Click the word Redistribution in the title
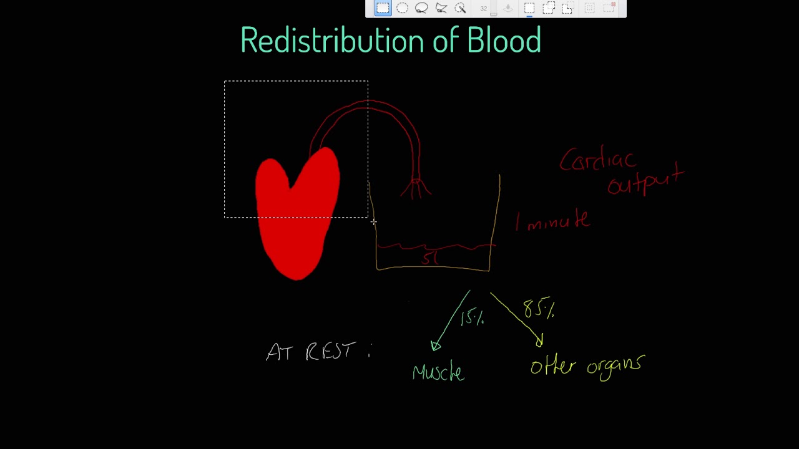pyautogui.click(x=330, y=41)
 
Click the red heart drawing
pyautogui.click(x=297, y=215)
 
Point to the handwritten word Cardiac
pyautogui.click(x=597, y=161)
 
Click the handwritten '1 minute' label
pyautogui.click(x=553, y=221)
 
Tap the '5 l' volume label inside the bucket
pyautogui.click(x=430, y=258)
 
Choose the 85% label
pyautogui.click(x=539, y=309)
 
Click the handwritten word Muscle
pyautogui.click(x=438, y=372)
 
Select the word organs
pyautogui.click(x=614, y=365)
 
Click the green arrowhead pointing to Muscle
pyautogui.click(x=436, y=345)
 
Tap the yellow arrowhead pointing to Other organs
pyautogui.click(x=540, y=340)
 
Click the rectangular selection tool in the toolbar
pyautogui.click(x=383, y=8)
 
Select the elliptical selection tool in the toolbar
pyautogui.click(x=402, y=8)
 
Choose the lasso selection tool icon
pyautogui.click(x=421, y=8)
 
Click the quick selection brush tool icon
pyautogui.click(x=461, y=8)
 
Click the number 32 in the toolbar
pyautogui.click(x=484, y=8)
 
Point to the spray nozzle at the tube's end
pyautogui.click(x=416, y=186)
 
